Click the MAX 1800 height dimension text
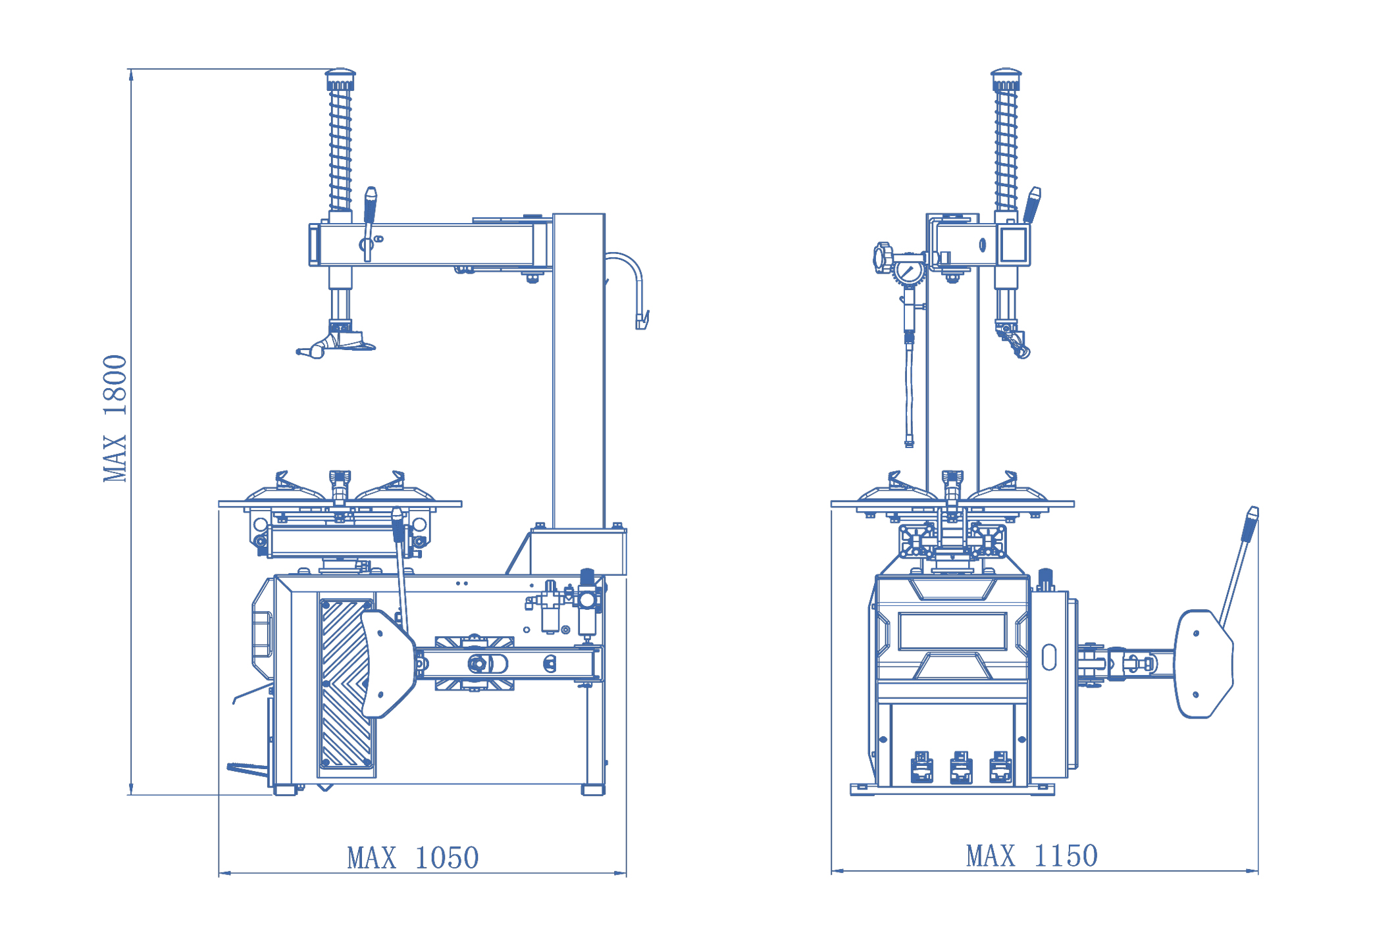(x=115, y=418)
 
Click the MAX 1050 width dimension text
(x=413, y=858)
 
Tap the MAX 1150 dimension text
(x=1031, y=856)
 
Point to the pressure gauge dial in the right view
(x=908, y=272)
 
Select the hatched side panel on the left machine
(x=346, y=684)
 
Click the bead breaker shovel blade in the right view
(x=1202, y=664)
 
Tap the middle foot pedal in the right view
(x=961, y=767)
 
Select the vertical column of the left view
(x=579, y=368)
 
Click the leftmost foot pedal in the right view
(x=921, y=767)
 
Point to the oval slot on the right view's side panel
(x=1049, y=657)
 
